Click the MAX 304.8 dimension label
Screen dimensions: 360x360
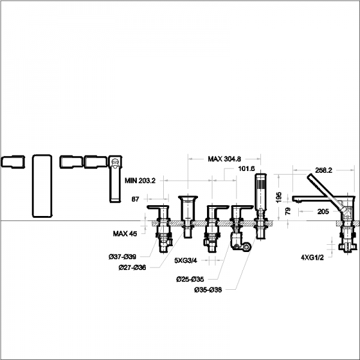point(224,159)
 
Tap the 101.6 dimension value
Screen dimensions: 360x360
point(247,169)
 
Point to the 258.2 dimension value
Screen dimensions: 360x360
point(324,170)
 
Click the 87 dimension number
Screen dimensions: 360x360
point(135,199)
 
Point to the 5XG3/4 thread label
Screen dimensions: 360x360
point(186,262)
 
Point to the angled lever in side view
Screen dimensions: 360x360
point(328,191)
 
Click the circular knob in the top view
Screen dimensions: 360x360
point(115,161)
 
